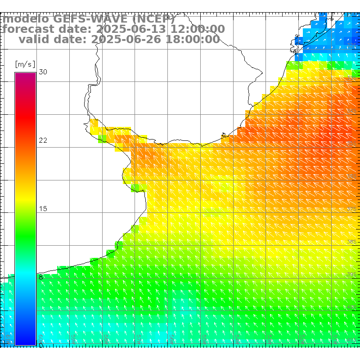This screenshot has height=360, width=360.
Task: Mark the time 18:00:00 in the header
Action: (x=192, y=39)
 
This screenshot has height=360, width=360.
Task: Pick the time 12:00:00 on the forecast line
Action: (x=197, y=29)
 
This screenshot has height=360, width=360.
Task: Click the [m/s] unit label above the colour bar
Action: (x=25, y=64)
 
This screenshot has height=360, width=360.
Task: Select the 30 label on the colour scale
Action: (x=43, y=72)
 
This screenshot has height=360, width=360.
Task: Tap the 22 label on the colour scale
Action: (x=43, y=140)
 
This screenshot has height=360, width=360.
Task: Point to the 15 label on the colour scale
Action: (x=43, y=209)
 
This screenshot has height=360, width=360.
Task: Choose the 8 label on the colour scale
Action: (x=41, y=277)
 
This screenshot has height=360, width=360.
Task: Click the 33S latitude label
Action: (x=352, y=78)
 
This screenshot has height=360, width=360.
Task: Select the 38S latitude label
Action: (x=352, y=242)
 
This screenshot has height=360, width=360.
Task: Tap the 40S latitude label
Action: (x=352, y=307)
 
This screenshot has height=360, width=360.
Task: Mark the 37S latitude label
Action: (x=352, y=209)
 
